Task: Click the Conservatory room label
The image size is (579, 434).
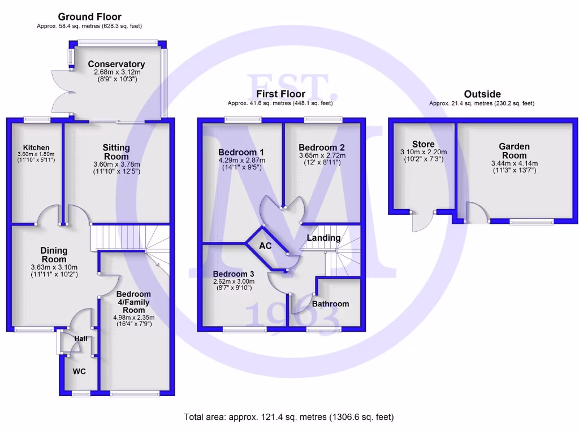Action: click(x=116, y=64)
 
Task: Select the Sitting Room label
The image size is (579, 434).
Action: click(x=116, y=152)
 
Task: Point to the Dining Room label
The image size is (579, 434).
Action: click(x=54, y=255)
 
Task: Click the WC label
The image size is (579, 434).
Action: click(x=79, y=372)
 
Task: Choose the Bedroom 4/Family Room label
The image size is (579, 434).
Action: click(x=133, y=302)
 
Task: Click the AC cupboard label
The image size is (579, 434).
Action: click(x=265, y=246)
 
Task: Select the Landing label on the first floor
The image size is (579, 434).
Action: click(x=323, y=238)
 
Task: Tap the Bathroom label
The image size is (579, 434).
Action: click(x=331, y=303)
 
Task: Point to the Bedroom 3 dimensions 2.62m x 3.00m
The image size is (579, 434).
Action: click(x=234, y=281)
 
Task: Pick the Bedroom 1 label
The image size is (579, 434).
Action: click(x=241, y=152)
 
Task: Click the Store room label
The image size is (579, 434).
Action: click(x=423, y=144)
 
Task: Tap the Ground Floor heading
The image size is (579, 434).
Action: click(x=89, y=17)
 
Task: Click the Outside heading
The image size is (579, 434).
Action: click(x=482, y=94)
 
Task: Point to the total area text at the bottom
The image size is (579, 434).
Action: click(x=289, y=417)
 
